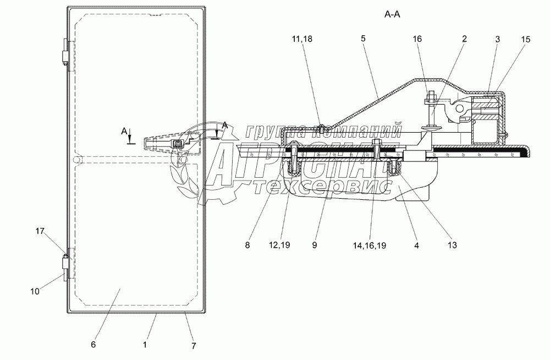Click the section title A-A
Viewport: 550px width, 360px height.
point(392,14)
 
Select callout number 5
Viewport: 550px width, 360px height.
point(363,39)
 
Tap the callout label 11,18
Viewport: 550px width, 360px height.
point(301,39)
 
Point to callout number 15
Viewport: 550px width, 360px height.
point(525,39)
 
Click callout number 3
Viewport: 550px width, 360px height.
point(497,39)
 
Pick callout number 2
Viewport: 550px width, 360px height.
point(464,39)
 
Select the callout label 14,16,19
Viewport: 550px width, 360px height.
point(370,246)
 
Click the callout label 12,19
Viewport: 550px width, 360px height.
point(279,245)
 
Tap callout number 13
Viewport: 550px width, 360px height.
point(453,245)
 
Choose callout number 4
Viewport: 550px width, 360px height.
point(416,246)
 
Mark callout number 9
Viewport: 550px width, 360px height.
point(314,245)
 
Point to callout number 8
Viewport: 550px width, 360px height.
point(248,245)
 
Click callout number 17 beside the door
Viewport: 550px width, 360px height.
point(40,231)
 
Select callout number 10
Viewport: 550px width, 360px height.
point(35,291)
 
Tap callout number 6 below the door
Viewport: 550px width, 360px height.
point(93,345)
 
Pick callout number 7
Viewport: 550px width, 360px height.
point(193,346)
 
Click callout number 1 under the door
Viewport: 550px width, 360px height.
point(145,345)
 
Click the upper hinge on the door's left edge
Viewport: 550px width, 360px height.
point(65,52)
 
